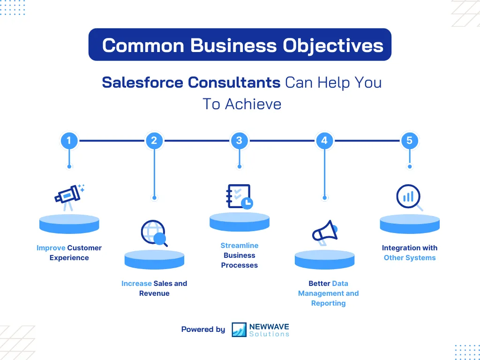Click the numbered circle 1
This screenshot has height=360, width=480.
click(x=69, y=140)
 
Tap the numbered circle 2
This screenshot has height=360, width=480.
click(x=154, y=140)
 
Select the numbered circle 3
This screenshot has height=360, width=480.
click(x=240, y=140)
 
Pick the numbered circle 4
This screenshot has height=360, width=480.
click(x=324, y=140)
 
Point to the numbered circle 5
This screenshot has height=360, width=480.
click(x=410, y=140)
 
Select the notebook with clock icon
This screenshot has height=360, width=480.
click(x=240, y=196)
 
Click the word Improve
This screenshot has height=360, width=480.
click(x=51, y=248)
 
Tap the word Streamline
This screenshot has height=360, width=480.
click(x=240, y=246)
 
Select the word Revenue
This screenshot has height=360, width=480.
click(x=154, y=293)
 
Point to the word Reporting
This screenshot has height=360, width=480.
click(x=328, y=303)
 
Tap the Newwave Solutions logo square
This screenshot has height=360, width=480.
click(x=239, y=330)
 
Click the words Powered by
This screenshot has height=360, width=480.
click(x=203, y=330)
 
